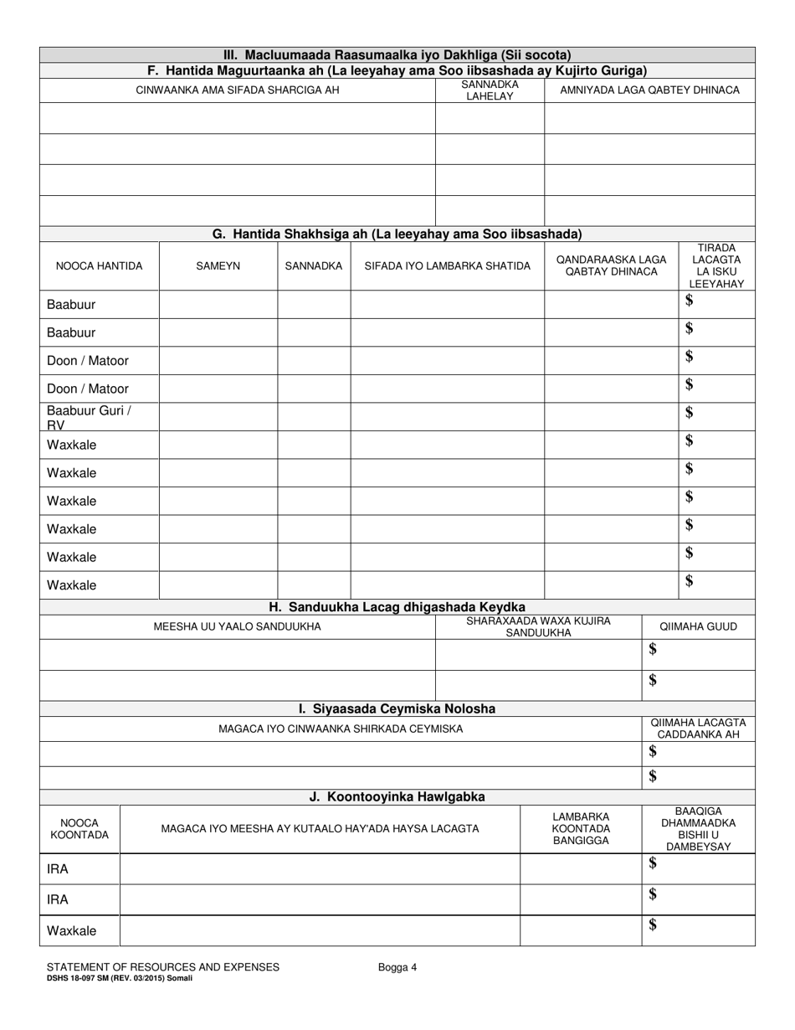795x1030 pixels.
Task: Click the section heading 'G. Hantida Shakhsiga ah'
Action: (397, 234)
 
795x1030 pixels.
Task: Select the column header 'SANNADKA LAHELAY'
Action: (490, 90)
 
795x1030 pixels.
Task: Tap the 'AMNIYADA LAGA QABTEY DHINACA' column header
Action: (649, 90)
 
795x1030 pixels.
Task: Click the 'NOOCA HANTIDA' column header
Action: (99, 266)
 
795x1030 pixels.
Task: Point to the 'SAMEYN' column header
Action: (218, 266)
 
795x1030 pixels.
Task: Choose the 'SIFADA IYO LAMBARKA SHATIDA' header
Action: (447, 266)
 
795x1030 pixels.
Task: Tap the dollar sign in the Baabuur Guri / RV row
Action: (690, 412)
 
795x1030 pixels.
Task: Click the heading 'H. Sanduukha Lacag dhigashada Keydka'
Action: (397, 607)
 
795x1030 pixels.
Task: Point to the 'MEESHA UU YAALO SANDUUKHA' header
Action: (237, 626)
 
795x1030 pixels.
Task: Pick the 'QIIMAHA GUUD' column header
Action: (698, 626)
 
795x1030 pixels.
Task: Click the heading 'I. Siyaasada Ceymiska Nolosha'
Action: (397, 708)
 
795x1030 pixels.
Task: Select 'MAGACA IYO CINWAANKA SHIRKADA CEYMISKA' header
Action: (340, 729)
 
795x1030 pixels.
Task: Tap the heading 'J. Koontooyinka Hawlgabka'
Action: (397, 796)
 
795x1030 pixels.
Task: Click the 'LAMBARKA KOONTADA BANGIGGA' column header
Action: (581, 829)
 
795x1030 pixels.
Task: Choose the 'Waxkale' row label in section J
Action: (71, 930)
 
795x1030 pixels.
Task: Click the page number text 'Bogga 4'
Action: (397, 967)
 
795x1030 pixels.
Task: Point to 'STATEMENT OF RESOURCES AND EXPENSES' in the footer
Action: (163, 967)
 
